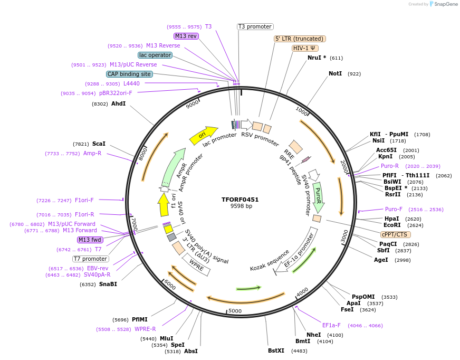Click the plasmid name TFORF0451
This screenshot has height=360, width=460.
[240, 200]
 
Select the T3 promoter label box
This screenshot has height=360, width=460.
[255, 26]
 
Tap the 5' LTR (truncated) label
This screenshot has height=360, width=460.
[300, 39]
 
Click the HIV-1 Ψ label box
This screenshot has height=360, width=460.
[305, 48]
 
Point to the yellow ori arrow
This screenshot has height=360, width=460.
[204, 135]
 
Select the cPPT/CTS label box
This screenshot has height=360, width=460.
[395, 234]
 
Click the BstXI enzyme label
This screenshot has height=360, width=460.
[276, 350]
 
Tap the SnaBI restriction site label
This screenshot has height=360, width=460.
[108, 284]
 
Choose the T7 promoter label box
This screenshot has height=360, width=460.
[91, 259]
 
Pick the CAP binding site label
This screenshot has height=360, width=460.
[129, 74]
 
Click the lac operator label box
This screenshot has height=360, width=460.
[155, 55]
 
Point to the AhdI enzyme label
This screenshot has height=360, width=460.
[118, 103]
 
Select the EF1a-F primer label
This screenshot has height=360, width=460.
[331, 325]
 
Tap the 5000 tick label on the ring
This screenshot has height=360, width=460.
[235, 311]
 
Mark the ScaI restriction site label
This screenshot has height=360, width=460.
[99, 144]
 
